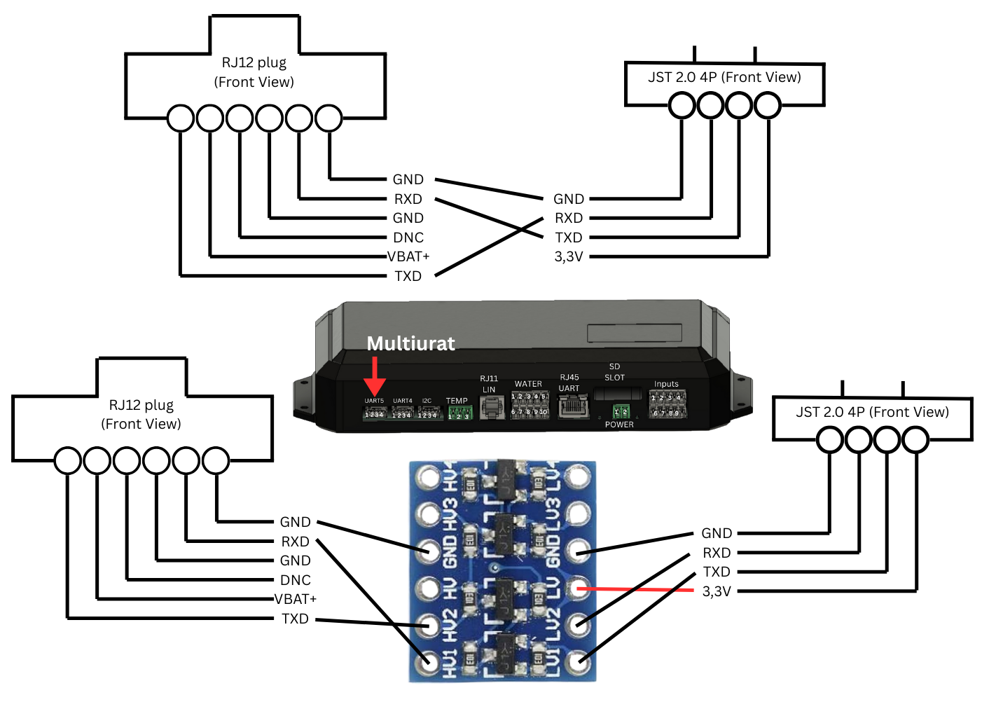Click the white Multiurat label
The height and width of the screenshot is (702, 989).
[410, 343]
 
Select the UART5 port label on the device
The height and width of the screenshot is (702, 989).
[374, 401]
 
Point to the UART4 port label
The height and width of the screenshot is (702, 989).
[403, 401]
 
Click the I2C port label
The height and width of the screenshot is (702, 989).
[427, 401]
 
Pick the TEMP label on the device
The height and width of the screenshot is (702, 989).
[457, 401]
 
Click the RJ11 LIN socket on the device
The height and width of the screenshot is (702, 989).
[491, 406]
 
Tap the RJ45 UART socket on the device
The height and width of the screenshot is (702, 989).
[573, 406]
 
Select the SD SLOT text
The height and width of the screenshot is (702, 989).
[614, 372]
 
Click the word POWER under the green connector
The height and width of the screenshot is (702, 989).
[619, 425]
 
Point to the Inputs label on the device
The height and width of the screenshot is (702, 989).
[666, 384]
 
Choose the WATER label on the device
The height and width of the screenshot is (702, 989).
[528, 384]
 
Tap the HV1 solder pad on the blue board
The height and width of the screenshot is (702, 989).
[427, 661]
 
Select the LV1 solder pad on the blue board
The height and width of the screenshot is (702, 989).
[578, 660]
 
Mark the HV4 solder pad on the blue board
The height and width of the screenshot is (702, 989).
[427, 478]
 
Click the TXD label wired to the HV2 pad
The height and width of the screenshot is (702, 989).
[295, 619]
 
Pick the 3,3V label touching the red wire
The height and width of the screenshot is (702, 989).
[717, 591]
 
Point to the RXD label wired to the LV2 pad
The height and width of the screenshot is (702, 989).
[717, 553]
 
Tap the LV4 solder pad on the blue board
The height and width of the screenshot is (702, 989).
[578, 478]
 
